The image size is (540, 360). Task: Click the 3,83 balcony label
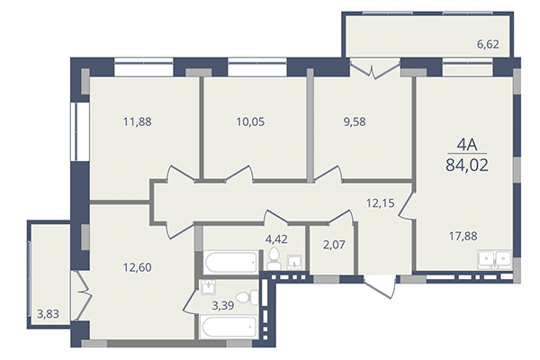point(49,313)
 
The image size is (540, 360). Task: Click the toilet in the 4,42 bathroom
point(273,261)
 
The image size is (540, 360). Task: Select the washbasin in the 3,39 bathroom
point(208,288)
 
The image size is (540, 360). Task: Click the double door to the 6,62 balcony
point(371,69)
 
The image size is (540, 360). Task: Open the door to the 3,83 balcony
point(81,289)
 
